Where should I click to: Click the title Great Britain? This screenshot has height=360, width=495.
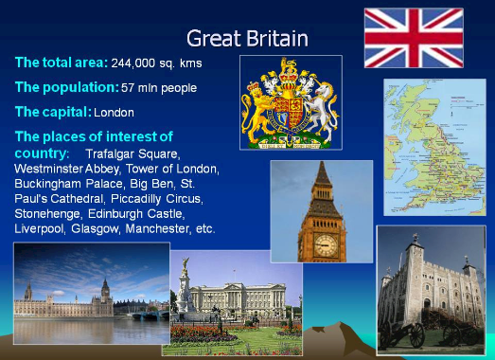click(247, 38)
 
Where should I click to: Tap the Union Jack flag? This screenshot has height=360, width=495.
click(414, 38)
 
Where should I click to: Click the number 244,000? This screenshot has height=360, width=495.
click(133, 63)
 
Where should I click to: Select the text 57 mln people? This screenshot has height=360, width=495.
click(159, 87)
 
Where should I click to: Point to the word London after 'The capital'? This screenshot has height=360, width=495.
click(114, 113)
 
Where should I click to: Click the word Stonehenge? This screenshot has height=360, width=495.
click(48, 214)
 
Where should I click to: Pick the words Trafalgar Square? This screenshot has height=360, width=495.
click(133, 154)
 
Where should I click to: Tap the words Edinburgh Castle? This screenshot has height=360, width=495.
click(136, 214)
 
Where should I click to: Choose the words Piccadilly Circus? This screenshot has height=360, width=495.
click(157, 199)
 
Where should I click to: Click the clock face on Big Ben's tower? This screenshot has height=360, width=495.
click(326, 245)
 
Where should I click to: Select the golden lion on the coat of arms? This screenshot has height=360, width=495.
click(256, 111)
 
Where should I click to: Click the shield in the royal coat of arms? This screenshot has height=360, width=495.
click(289, 111)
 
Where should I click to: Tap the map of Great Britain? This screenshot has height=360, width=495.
click(434, 147)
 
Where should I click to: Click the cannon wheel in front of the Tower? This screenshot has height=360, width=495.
click(417, 335)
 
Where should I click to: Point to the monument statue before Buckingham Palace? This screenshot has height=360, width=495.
click(185, 286)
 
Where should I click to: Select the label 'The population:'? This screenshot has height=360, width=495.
click(67, 87)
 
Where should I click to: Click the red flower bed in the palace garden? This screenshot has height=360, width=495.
click(202, 333)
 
